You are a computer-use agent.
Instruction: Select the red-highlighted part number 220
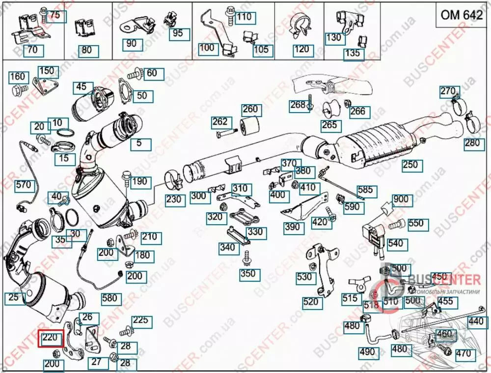coord(52,338)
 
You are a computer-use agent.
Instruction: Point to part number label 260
coord(250,109)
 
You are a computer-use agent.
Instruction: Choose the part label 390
coord(292,228)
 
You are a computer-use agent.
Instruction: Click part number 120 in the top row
coord(301,49)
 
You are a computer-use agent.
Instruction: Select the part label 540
coord(395,243)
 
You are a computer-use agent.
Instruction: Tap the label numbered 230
coord(174,200)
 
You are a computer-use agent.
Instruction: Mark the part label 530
coord(304,277)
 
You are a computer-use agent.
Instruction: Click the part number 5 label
coord(139,143)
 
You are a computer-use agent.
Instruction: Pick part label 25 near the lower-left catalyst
coord(14,297)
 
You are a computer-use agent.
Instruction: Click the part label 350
coord(248,273)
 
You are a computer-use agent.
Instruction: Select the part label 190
coord(139,182)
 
